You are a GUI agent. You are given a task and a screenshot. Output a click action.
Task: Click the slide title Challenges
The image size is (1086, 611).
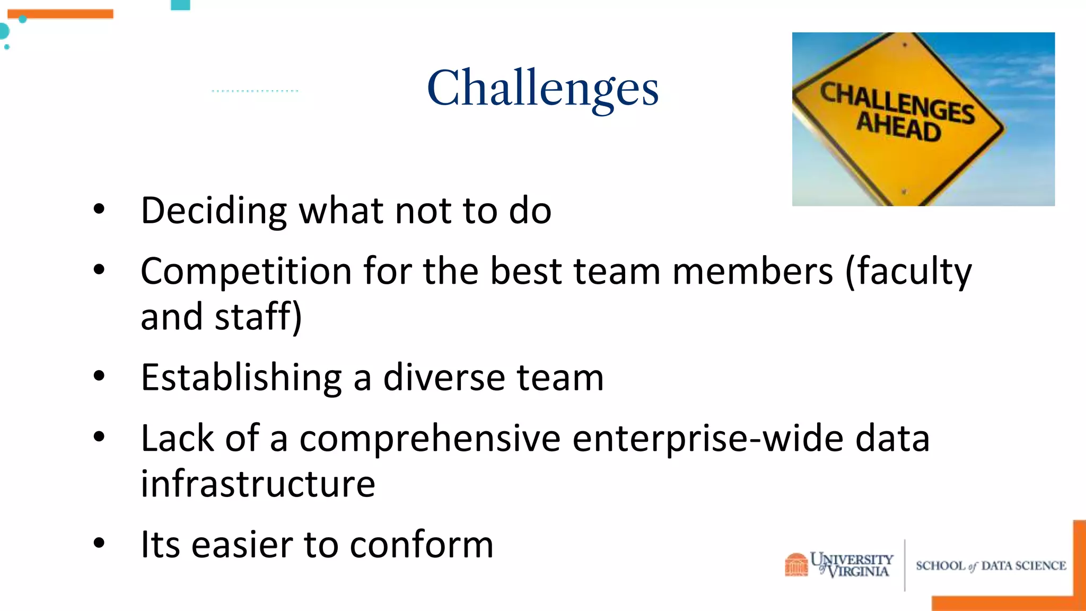pos(542,88)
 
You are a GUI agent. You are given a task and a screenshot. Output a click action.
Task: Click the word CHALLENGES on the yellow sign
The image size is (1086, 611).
pos(897,103)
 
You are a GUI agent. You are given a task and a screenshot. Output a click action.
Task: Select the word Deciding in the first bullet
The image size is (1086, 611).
pos(214,211)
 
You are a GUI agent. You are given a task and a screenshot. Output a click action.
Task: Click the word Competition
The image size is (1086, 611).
pos(246,272)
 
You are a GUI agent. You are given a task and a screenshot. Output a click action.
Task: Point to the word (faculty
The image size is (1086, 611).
pos(908,272)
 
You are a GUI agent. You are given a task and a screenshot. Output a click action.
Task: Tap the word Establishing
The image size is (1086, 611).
pos(241,378)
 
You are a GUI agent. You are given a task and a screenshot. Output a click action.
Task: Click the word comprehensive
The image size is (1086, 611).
pos(430,439)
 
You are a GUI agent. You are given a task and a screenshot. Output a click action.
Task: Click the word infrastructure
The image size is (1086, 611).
pos(258,484)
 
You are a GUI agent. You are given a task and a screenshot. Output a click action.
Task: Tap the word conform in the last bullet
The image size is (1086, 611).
pos(422,545)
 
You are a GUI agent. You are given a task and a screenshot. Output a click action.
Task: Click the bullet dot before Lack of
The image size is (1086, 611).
pos(99,437)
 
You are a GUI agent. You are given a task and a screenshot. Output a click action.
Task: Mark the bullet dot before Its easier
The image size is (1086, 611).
pos(99,543)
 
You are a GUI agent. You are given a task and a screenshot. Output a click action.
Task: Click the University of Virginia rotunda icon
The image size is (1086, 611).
pos(796,564)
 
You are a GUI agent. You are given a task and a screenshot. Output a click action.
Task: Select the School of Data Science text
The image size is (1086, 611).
pos(991,566)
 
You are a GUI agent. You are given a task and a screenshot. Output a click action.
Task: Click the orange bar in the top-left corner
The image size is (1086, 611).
pos(60,14)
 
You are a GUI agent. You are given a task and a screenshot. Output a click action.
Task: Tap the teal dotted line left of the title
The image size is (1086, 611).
pos(255,91)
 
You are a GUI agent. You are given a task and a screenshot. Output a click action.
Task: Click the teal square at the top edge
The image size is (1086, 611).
pos(180,5)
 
